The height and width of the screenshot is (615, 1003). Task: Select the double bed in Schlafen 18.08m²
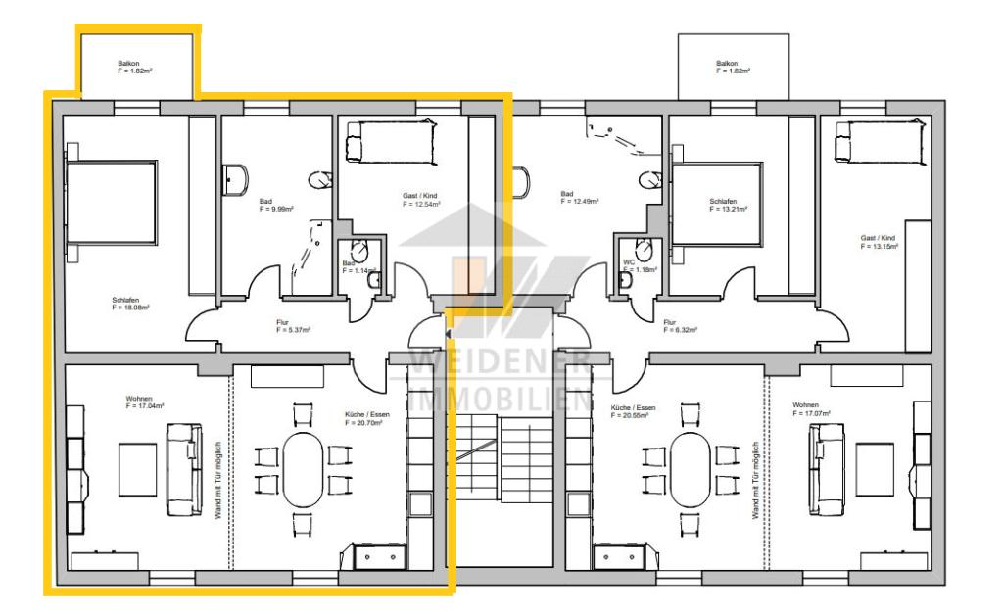click(x=111, y=203)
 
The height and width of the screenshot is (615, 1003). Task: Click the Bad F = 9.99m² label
click(x=276, y=205)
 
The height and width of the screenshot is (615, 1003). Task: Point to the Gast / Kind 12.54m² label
click(x=421, y=199)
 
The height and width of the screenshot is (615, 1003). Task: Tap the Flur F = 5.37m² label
click(x=293, y=327)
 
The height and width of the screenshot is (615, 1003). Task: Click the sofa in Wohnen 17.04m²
click(x=184, y=469)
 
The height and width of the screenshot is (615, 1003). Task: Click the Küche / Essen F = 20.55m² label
click(x=633, y=411)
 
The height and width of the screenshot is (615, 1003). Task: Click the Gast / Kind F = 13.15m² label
click(x=879, y=242)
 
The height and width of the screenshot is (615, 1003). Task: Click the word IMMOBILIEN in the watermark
click(x=500, y=398)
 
